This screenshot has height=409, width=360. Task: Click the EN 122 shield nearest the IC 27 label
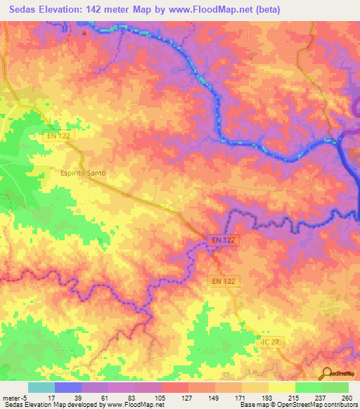(x=225, y=281)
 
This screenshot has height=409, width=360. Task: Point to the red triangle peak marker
(x=84, y=32)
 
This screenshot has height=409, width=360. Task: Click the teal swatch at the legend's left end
(x=41, y=387)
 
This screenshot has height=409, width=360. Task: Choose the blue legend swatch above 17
(x=68, y=387)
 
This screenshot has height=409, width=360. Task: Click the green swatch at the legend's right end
(x=335, y=387)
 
